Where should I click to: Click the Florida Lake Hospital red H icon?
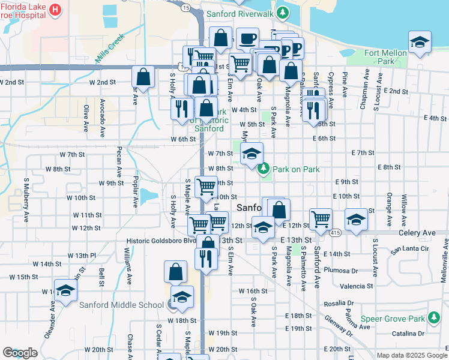click(55, 10)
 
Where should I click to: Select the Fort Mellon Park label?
click(386, 57)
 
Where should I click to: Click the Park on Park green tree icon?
click(264, 169)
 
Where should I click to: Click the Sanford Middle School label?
click(121, 305)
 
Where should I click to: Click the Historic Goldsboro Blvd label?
click(161, 241)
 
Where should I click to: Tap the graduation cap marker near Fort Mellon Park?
click(420, 41)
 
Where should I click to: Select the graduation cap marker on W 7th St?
click(252, 153)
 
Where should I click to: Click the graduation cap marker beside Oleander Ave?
click(65, 290)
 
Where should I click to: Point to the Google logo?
click(20, 353)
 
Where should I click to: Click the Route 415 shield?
click(335, 233)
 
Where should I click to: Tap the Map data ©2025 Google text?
click(411, 355)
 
